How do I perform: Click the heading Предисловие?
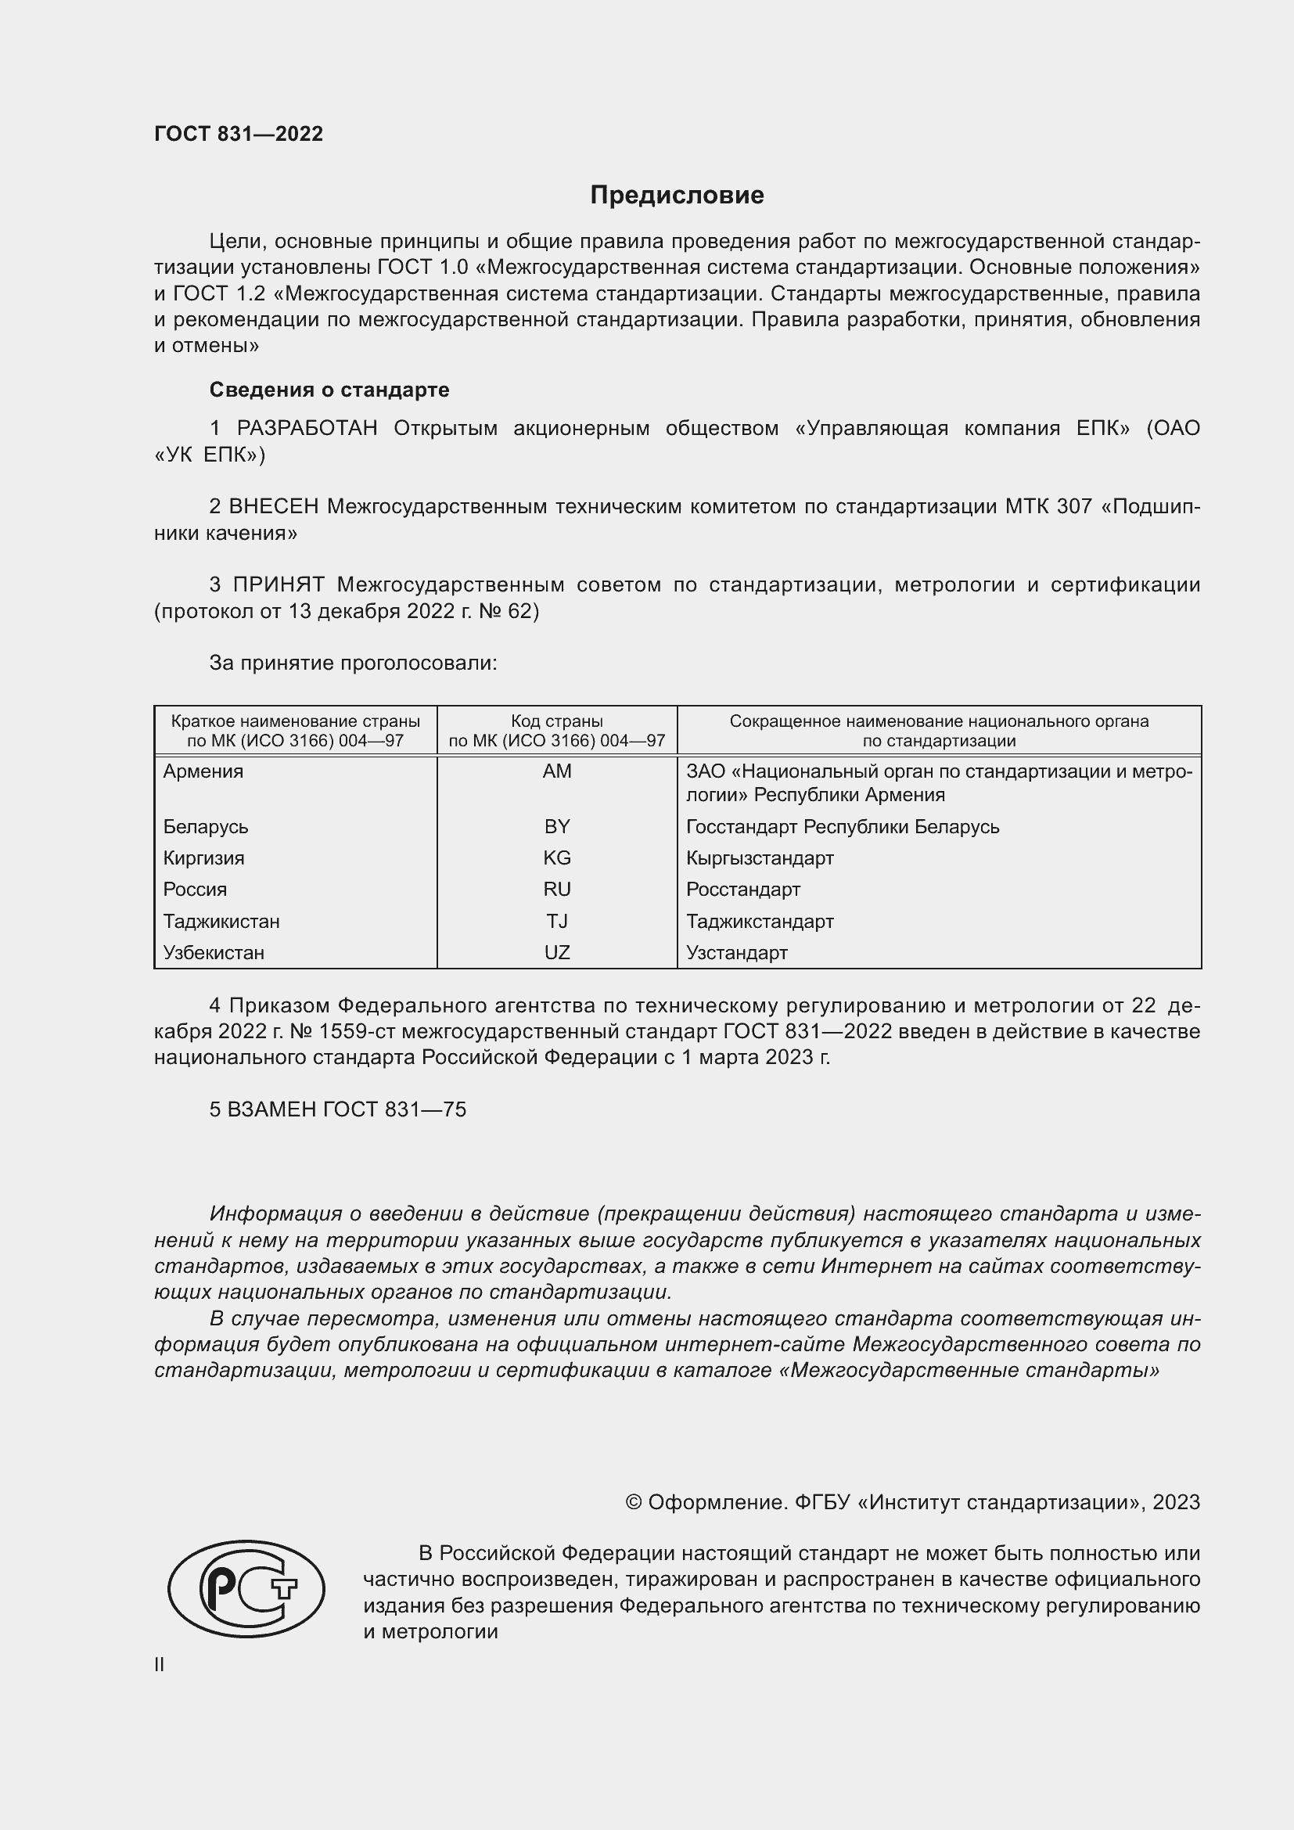[x=677, y=196]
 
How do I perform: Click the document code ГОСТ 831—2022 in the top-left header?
[x=239, y=134]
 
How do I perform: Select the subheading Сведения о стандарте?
[x=329, y=390]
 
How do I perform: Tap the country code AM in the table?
[x=557, y=771]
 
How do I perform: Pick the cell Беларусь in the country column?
[x=206, y=826]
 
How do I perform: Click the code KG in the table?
[x=557, y=858]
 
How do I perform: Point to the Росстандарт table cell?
[x=742, y=890]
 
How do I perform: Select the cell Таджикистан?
[x=221, y=922]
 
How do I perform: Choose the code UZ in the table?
[x=557, y=952]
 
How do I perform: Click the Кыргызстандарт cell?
[x=760, y=858]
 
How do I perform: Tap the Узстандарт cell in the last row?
[x=736, y=952]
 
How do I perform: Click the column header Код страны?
[x=557, y=721]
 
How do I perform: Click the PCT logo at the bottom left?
[x=246, y=1588]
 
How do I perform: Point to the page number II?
[x=160, y=1664]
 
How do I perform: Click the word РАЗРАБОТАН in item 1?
[x=307, y=429]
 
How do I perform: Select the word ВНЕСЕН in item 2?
[x=274, y=507]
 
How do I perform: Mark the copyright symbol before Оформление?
[x=634, y=1502]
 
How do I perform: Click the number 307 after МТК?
[x=1074, y=507]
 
